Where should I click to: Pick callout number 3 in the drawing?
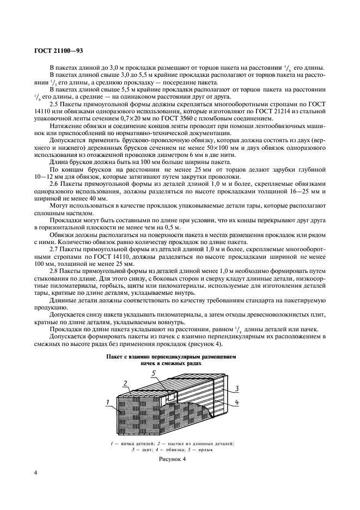pos(238,388)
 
